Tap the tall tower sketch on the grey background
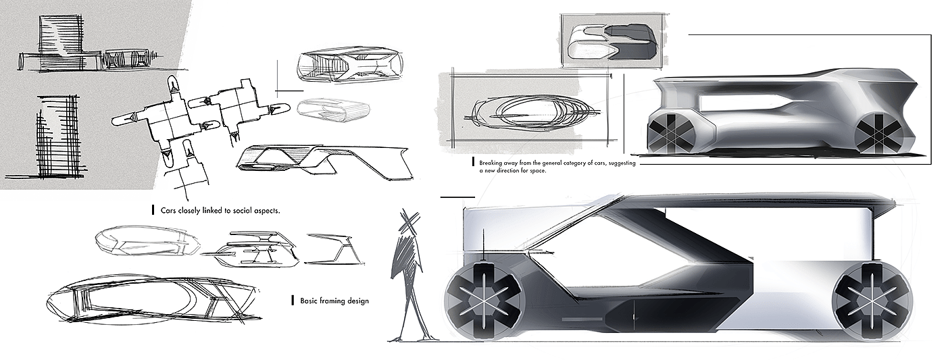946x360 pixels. [57, 135]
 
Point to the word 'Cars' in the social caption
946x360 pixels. [169, 210]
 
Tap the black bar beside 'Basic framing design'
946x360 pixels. [291, 300]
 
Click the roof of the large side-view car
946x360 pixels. [743, 199]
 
